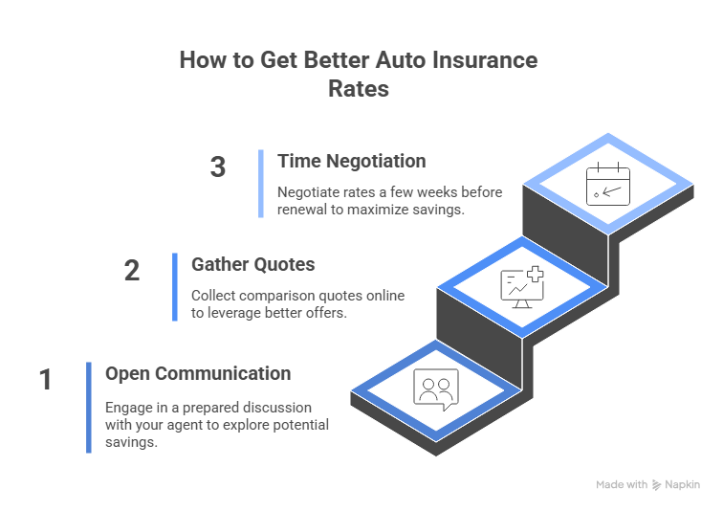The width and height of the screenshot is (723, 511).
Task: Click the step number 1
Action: (x=45, y=381)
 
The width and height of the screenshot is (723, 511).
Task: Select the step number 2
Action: (x=132, y=272)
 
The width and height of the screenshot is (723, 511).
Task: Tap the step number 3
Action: (x=218, y=167)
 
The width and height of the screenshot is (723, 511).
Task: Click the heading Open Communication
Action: (x=197, y=373)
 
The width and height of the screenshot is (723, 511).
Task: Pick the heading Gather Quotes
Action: (x=252, y=265)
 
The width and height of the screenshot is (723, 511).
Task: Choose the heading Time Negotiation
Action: (x=351, y=161)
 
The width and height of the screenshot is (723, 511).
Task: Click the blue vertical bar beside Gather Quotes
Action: (x=175, y=287)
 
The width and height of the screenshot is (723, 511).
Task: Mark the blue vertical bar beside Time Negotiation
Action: (x=261, y=183)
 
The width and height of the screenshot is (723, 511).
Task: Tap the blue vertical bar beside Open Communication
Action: (x=89, y=407)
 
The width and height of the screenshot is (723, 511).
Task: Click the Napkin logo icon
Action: (x=656, y=485)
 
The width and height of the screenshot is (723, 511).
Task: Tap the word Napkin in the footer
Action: (x=683, y=485)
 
